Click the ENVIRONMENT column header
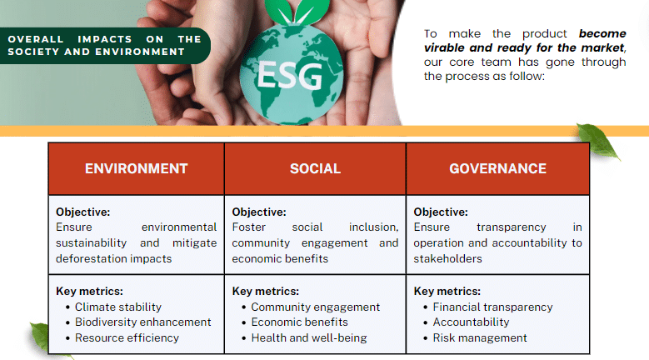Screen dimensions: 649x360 (136, 168)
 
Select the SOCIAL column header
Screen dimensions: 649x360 (316, 168)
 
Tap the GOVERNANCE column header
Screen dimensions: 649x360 (498, 168)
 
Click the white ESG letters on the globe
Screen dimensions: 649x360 (290, 75)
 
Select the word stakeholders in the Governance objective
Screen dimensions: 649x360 (448, 258)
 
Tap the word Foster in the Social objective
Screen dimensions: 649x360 (249, 227)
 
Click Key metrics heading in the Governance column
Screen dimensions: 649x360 (447, 291)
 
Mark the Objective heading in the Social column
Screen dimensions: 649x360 (259, 212)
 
